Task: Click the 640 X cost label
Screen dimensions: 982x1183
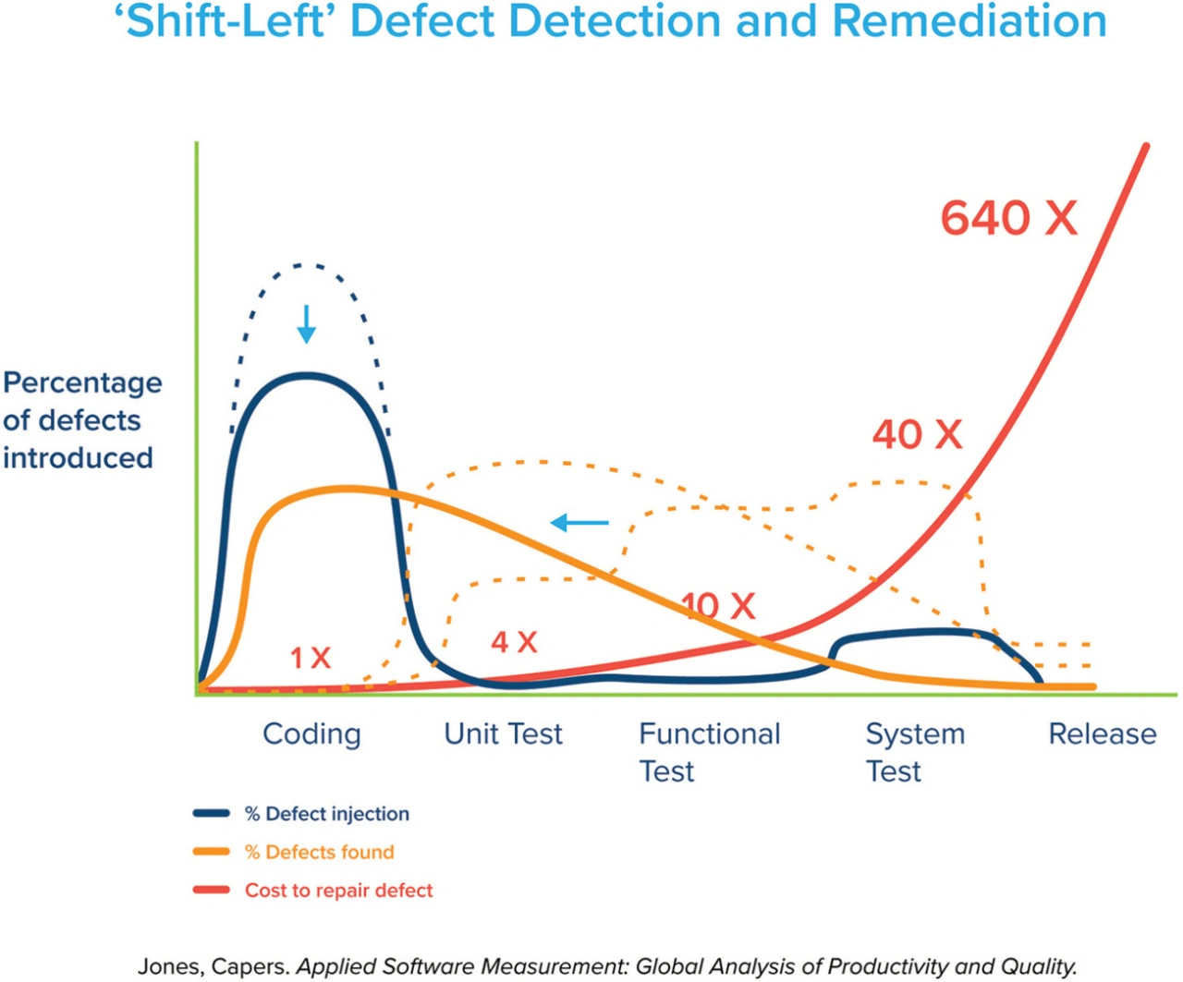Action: click(1008, 219)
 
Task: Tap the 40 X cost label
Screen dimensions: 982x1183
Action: click(917, 434)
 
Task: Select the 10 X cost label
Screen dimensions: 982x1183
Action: click(719, 606)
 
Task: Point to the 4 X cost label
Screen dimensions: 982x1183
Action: click(514, 641)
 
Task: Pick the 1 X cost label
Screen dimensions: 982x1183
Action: click(311, 658)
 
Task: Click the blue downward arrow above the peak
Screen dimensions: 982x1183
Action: click(306, 324)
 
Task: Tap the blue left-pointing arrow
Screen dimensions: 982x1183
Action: click(579, 523)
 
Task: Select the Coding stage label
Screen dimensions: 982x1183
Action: click(311, 733)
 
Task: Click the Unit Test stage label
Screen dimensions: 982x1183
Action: click(503, 733)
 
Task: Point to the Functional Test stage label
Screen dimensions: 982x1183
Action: click(709, 751)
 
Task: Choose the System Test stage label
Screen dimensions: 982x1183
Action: click(915, 751)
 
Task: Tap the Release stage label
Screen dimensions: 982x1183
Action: click(1102, 733)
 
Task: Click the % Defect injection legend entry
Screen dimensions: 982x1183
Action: click(326, 814)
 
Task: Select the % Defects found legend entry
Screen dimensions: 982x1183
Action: click(319, 852)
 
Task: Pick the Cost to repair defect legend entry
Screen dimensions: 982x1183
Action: click(338, 891)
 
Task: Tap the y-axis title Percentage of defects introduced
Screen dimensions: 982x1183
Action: click(81, 420)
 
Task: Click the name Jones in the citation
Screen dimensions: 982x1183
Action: click(166, 966)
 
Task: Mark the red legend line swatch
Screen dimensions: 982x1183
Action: click(212, 891)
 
